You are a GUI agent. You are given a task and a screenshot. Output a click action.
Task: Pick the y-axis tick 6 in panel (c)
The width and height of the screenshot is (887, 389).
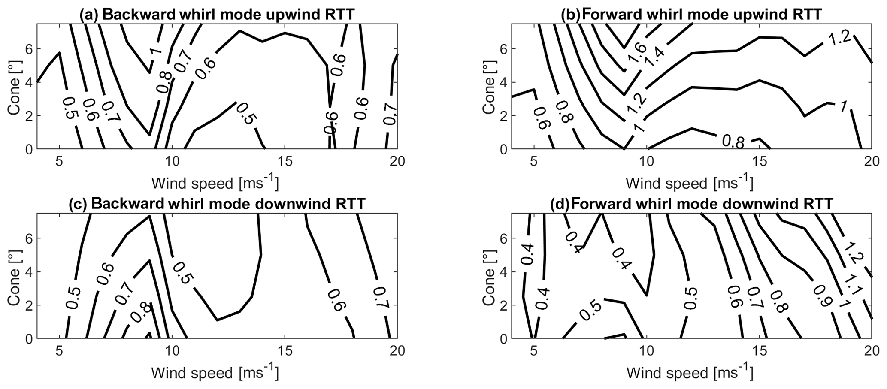click(28, 238)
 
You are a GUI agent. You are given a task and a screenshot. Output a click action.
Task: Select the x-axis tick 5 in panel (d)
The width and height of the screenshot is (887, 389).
click(534, 351)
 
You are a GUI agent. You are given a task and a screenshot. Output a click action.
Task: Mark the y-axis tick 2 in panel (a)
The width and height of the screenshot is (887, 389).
click(28, 116)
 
